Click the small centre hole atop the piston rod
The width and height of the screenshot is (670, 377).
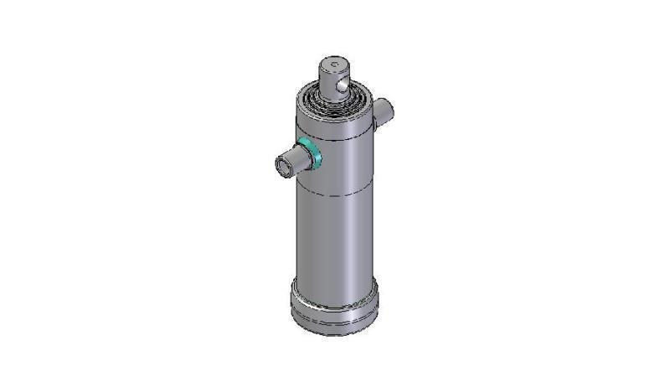click(x=333, y=62)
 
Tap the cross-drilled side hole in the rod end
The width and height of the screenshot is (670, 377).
click(x=343, y=84)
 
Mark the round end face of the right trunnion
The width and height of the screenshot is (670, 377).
click(x=386, y=110)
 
